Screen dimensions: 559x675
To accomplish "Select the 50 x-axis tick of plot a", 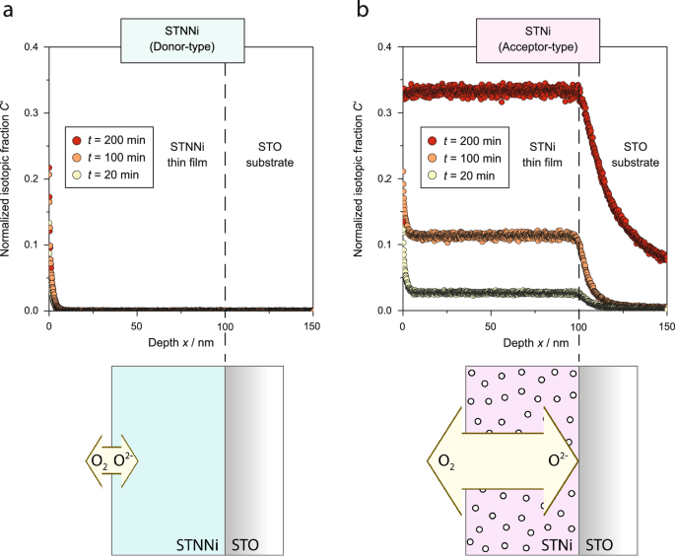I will [137, 325].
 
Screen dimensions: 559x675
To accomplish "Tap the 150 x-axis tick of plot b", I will [666, 325].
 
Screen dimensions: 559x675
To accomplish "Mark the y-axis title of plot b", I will [364, 177].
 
